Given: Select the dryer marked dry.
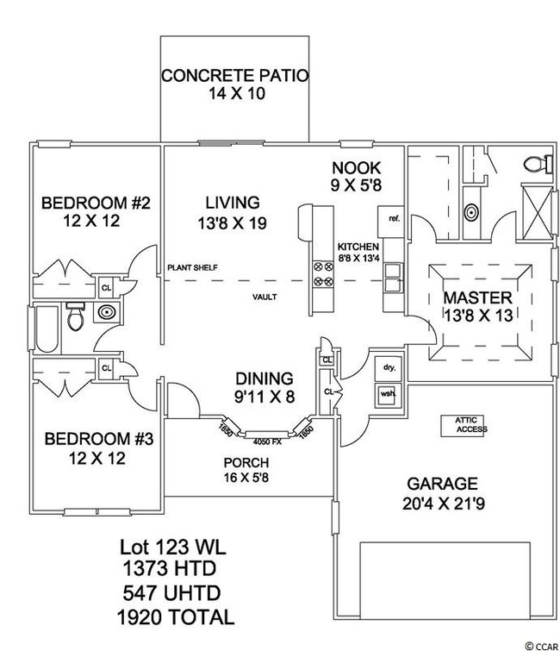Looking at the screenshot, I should [x=387, y=366].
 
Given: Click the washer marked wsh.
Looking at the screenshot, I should [x=387, y=395].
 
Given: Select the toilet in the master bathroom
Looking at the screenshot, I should [x=535, y=163].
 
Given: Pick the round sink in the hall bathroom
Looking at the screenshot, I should [x=107, y=313].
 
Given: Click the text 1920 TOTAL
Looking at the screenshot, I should [x=176, y=617].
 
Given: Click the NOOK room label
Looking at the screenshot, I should [x=356, y=166].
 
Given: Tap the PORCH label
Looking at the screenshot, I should [x=246, y=461].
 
